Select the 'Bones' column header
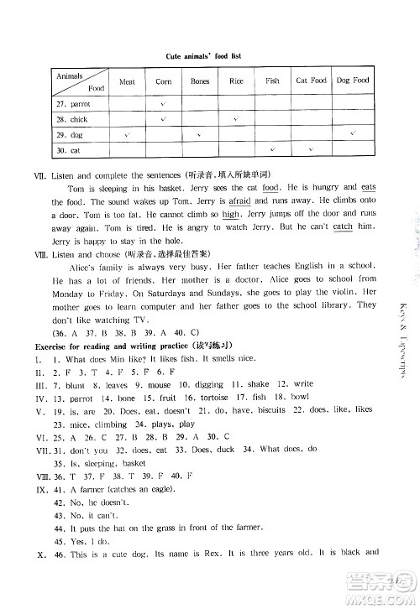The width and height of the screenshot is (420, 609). coord(200,81)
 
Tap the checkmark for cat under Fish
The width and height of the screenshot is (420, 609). coord(272,150)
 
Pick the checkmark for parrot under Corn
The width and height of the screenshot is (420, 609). coord(163,104)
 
